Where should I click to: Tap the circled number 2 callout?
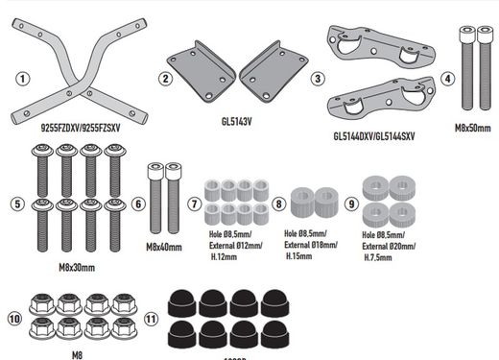click(165, 78)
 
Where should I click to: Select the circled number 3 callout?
click(318, 77)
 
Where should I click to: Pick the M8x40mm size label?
click(165, 246)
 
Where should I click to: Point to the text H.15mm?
click(301, 255)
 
